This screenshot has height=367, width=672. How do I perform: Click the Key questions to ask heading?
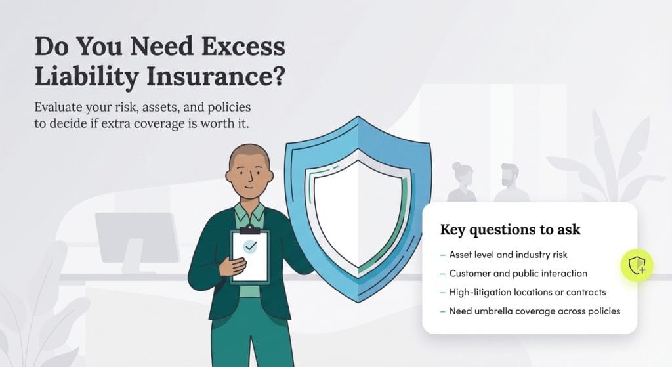[x=510, y=230]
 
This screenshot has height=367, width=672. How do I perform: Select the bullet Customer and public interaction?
[x=518, y=273]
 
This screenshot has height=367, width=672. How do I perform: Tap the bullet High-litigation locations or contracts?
[x=527, y=292]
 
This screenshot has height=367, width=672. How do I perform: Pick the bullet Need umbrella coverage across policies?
[x=534, y=311]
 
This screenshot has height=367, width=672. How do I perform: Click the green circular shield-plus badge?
[x=637, y=266]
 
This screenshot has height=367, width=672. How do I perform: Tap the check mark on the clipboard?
[x=250, y=246]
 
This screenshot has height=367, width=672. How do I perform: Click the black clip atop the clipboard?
[x=249, y=228]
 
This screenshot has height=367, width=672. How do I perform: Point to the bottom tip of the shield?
[x=359, y=300]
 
